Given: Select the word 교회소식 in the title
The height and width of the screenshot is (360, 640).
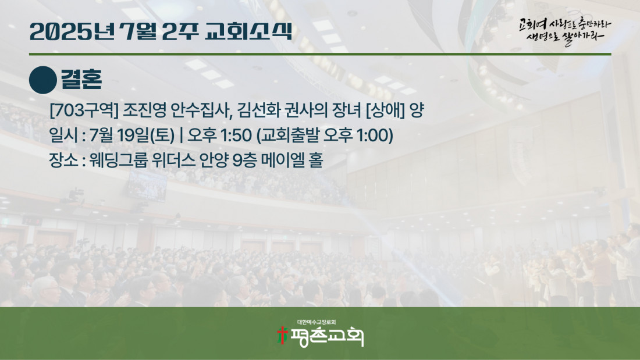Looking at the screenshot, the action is (248, 31).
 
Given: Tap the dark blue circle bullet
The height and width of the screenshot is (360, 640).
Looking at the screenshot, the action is (43, 80).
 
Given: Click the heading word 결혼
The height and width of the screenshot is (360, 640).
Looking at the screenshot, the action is (81, 79).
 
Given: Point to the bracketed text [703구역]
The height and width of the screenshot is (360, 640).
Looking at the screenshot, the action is (84, 110).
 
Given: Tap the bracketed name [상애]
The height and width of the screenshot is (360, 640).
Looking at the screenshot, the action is (385, 110).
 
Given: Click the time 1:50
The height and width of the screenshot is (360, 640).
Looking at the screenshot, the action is (236, 136).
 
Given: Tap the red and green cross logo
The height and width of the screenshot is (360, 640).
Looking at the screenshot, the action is (282, 336).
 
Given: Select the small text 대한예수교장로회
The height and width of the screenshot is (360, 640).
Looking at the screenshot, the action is (317, 322).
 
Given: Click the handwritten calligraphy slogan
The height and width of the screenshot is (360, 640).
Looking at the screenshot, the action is (565, 31).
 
